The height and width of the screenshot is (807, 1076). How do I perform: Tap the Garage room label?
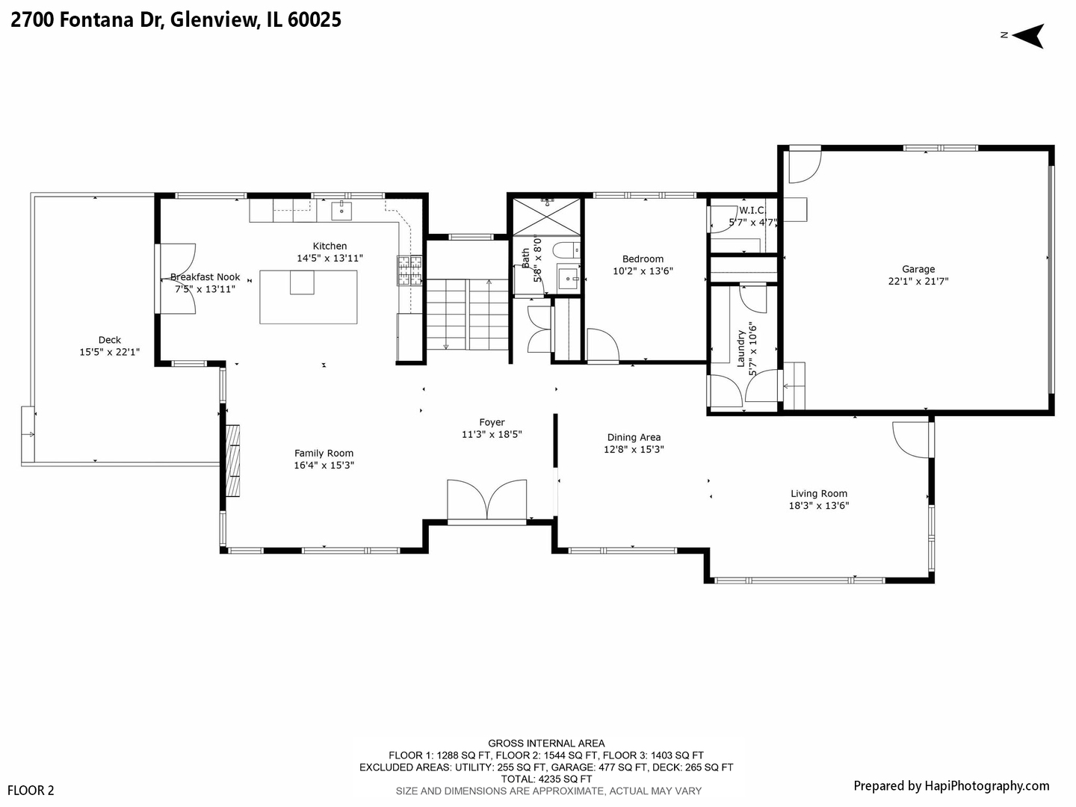tap(918, 269)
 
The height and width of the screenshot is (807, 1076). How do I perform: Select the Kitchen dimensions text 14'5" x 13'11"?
tap(330, 259)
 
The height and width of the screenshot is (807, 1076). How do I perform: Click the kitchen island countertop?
tap(309, 297)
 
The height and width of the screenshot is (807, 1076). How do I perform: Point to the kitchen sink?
tap(341, 211)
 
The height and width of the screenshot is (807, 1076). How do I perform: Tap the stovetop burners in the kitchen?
tap(409, 270)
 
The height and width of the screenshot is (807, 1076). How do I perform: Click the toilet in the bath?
tap(566, 250)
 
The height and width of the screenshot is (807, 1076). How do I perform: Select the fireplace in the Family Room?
tap(232, 460)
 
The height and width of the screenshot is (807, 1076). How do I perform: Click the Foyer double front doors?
tap(486, 501)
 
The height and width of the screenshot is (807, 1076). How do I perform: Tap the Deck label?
tap(109, 340)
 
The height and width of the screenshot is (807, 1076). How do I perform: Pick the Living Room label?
tap(819, 494)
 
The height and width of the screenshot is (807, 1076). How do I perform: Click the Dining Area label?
tap(634, 438)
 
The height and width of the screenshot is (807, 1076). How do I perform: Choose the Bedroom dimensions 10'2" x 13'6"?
tap(643, 271)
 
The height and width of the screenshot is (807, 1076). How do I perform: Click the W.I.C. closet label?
tap(752, 211)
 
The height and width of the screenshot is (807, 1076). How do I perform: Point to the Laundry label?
tap(740, 348)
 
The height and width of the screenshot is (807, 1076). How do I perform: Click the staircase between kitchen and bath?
tap(467, 315)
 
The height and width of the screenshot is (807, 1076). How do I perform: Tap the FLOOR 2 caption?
tap(31, 791)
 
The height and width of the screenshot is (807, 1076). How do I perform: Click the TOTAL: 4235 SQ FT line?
tap(546, 779)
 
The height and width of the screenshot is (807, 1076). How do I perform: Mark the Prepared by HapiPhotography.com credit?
tap(951, 786)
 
